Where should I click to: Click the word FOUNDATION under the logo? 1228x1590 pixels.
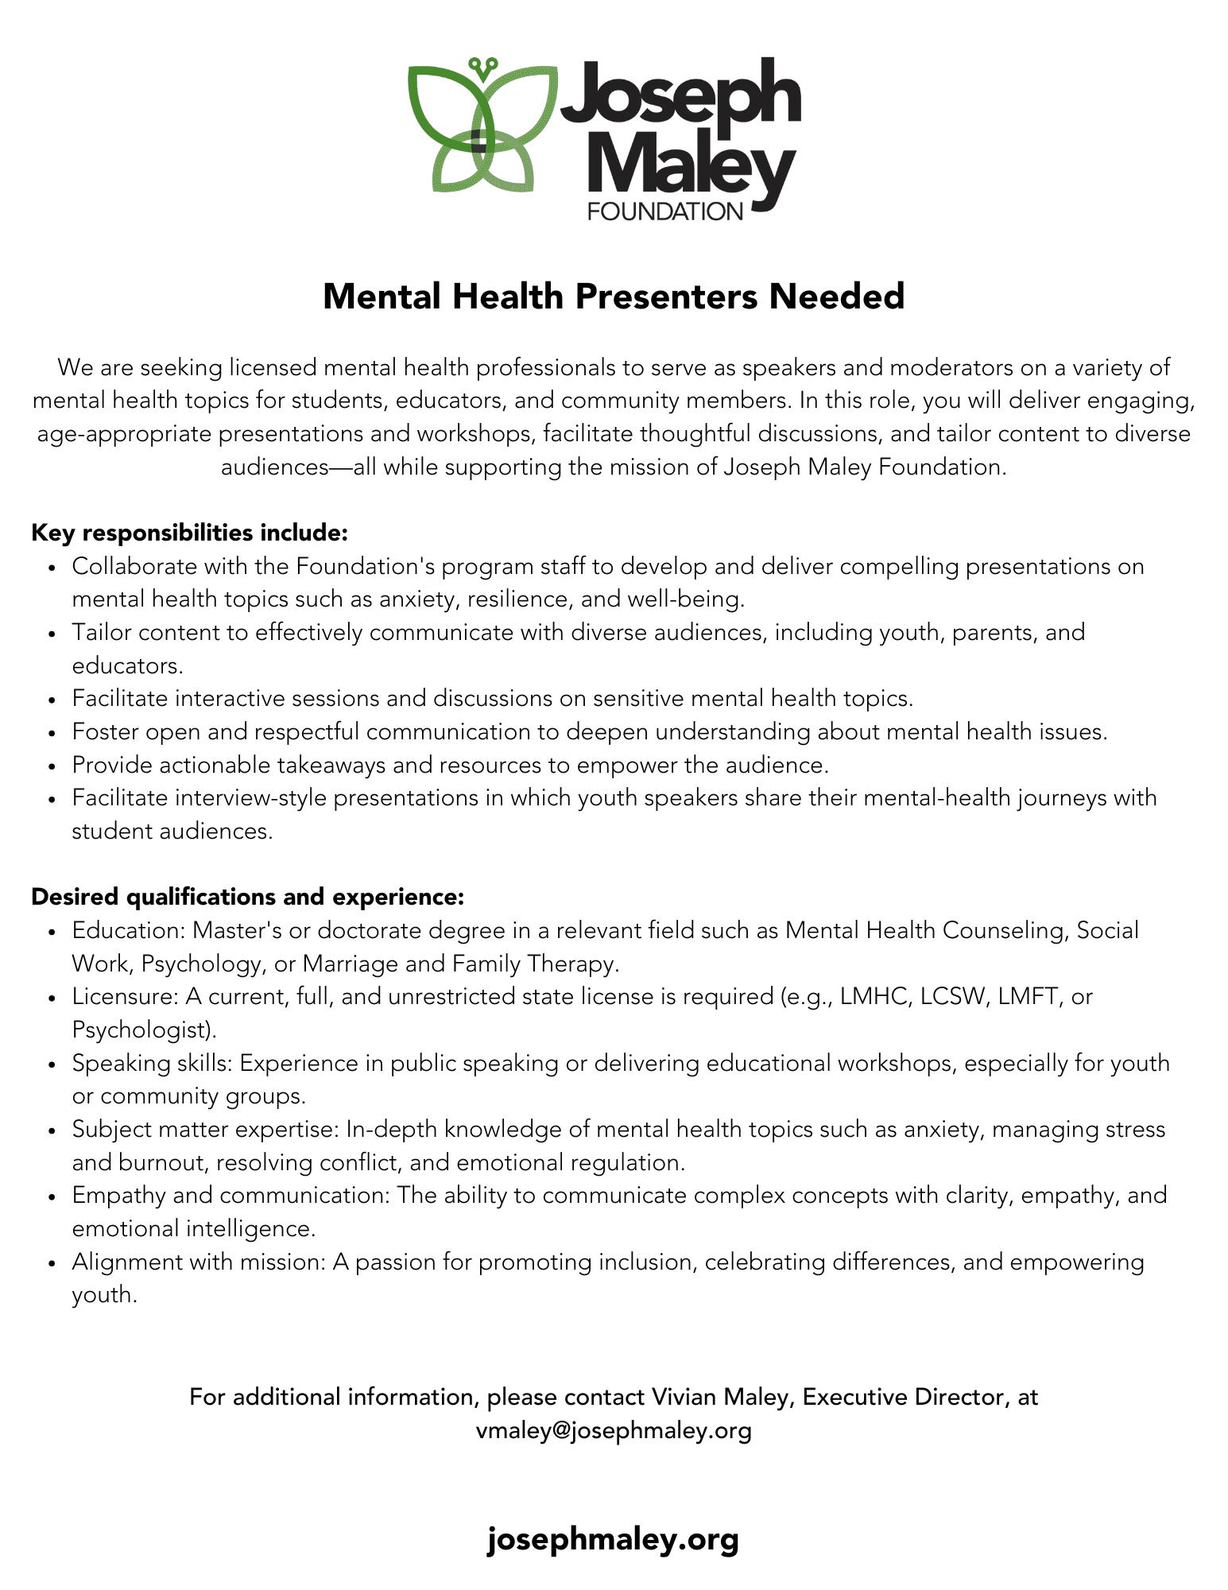click(x=664, y=211)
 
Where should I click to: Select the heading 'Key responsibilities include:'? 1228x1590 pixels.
click(x=189, y=533)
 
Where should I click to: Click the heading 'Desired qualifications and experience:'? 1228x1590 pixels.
click(x=247, y=897)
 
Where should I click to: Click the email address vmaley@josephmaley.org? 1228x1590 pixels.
click(x=614, y=1430)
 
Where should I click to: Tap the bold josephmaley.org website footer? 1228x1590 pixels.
click(x=613, y=1539)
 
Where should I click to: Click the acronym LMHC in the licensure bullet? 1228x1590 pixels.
click(x=874, y=996)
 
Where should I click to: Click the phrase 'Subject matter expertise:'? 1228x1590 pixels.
click(x=206, y=1129)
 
